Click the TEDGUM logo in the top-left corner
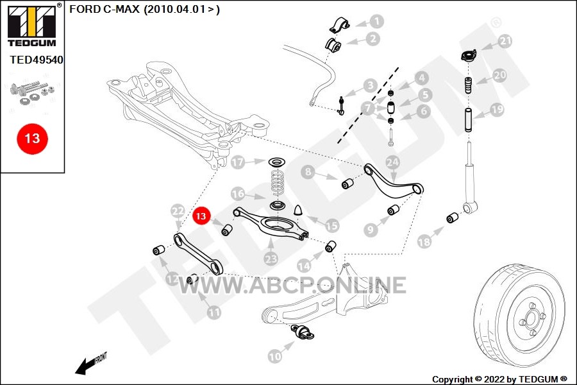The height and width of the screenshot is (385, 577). coord(33,25)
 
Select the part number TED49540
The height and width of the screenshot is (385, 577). coord(37,60)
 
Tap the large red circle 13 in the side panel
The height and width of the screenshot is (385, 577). coord(33,139)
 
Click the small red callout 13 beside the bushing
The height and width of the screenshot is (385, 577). coord(201,216)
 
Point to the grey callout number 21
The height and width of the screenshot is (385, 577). coord(506,40)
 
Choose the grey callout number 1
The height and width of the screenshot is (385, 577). coord(376,21)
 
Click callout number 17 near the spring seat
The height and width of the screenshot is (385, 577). coord(238,162)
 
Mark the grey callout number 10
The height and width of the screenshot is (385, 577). coord(275,357)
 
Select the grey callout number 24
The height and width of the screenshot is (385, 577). coord(392,162)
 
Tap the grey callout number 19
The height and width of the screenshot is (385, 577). coord(497,110)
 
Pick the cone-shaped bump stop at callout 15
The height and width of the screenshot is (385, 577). coord(298,210)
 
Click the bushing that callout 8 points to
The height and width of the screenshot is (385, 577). coord(347,184)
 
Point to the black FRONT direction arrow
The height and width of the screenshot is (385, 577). coord(85,366)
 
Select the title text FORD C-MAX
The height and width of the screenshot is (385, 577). coord(105,9)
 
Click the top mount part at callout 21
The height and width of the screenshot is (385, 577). coord(469,56)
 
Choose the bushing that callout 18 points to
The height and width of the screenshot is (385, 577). coord(452,218)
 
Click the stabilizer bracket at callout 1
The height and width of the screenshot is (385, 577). coord(339,25)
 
